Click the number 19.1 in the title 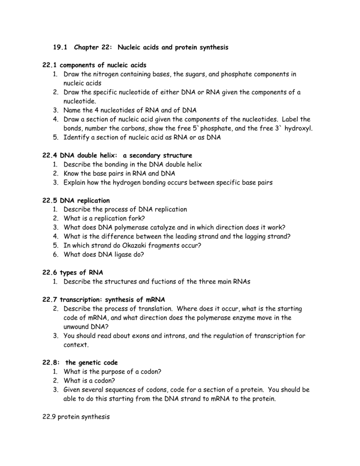[x=60, y=47]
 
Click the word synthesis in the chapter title [x=213, y=47]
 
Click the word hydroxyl [x=298, y=128]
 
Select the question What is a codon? [x=90, y=380]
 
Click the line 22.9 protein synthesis [x=76, y=416]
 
